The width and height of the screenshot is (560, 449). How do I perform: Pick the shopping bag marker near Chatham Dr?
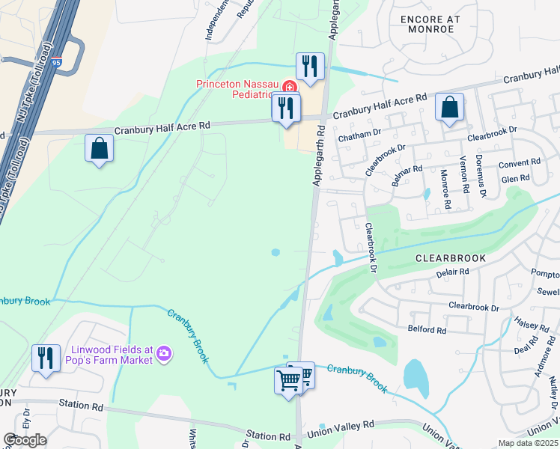click(x=449, y=108)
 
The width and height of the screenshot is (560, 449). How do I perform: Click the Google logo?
click(x=25, y=440)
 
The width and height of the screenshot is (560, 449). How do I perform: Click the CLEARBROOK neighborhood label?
click(x=451, y=258)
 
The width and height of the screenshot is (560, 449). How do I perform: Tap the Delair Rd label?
click(x=452, y=273)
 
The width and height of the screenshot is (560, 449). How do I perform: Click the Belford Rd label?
click(x=427, y=329)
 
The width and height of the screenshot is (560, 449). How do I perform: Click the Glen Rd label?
click(x=515, y=178)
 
